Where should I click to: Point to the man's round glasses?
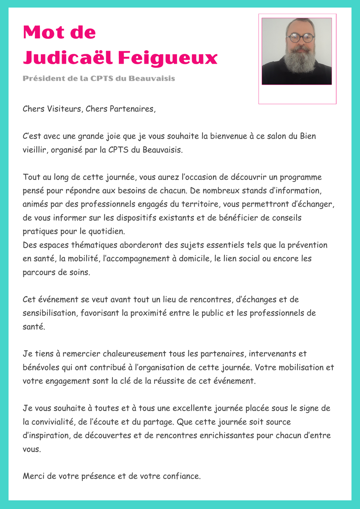pos(301,37)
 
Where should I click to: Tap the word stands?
pos(272,190)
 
